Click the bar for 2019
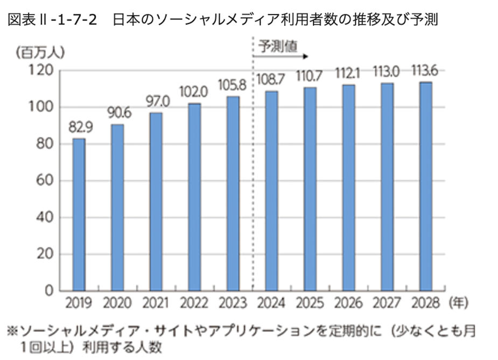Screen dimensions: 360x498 79,215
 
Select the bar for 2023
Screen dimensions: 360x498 233,194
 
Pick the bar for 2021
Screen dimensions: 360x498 156,202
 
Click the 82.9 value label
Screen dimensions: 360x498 79,128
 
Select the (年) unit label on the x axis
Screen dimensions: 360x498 458,303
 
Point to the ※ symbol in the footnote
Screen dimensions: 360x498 10,330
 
